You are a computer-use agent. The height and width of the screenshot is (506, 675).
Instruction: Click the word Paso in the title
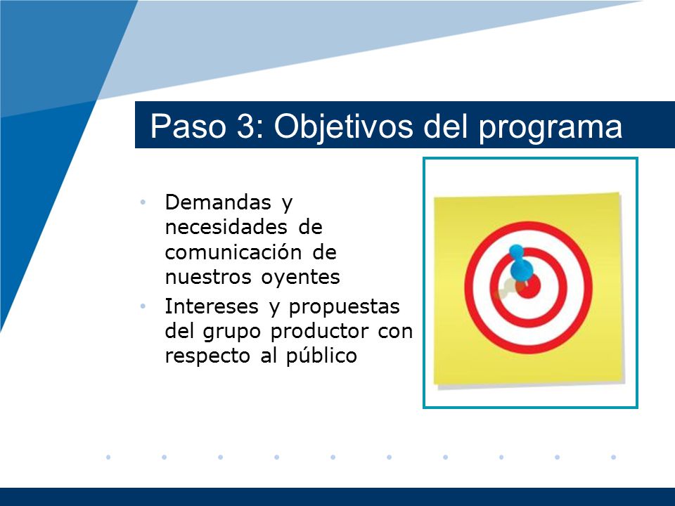click(x=188, y=126)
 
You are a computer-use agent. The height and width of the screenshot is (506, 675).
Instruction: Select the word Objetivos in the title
click(x=344, y=127)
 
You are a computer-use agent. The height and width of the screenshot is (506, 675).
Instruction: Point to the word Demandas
click(x=218, y=202)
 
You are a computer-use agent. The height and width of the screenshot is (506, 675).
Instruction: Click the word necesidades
click(x=226, y=227)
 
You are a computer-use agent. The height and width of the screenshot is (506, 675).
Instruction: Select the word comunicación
click(x=233, y=252)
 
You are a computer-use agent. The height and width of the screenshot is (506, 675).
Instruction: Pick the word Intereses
click(x=212, y=306)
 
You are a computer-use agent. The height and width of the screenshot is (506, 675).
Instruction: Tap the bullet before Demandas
click(x=143, y=202)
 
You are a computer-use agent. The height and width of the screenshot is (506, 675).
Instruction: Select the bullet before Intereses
click(x=143, y=306)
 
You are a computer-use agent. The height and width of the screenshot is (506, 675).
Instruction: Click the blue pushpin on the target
click(x=521, y=264)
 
